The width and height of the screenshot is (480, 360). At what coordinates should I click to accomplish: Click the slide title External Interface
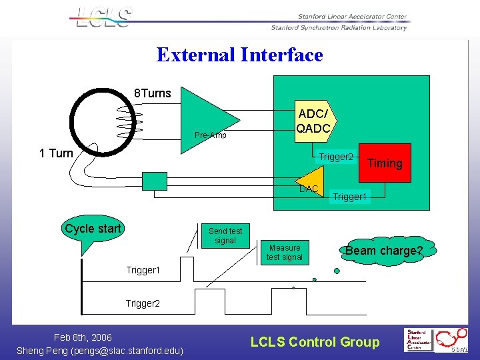(239, 55)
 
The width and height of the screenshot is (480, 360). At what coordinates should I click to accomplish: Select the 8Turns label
(153, 93)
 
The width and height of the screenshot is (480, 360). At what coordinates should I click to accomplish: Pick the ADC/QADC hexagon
(314, 119)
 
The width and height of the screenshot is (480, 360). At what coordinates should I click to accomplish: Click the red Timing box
(385, 163)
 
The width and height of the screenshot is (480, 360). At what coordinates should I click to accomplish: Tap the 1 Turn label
(56, 153)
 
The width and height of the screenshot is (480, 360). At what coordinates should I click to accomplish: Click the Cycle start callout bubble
(93, 229)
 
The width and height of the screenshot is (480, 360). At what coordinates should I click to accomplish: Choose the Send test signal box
(225, 236)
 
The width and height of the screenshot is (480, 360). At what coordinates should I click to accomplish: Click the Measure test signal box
(285, 252)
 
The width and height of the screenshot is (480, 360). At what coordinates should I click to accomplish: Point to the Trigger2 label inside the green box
(335, 157)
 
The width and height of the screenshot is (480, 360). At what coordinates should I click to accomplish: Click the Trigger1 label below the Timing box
(350, 197)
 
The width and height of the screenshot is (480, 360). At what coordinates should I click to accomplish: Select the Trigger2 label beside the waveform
(143, 303)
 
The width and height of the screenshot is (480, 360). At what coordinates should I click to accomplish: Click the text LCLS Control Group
(315, 342)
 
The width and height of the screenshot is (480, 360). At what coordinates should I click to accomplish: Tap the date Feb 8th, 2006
(83, 337)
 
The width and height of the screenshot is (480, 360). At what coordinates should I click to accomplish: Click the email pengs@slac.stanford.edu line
(100, 351)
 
